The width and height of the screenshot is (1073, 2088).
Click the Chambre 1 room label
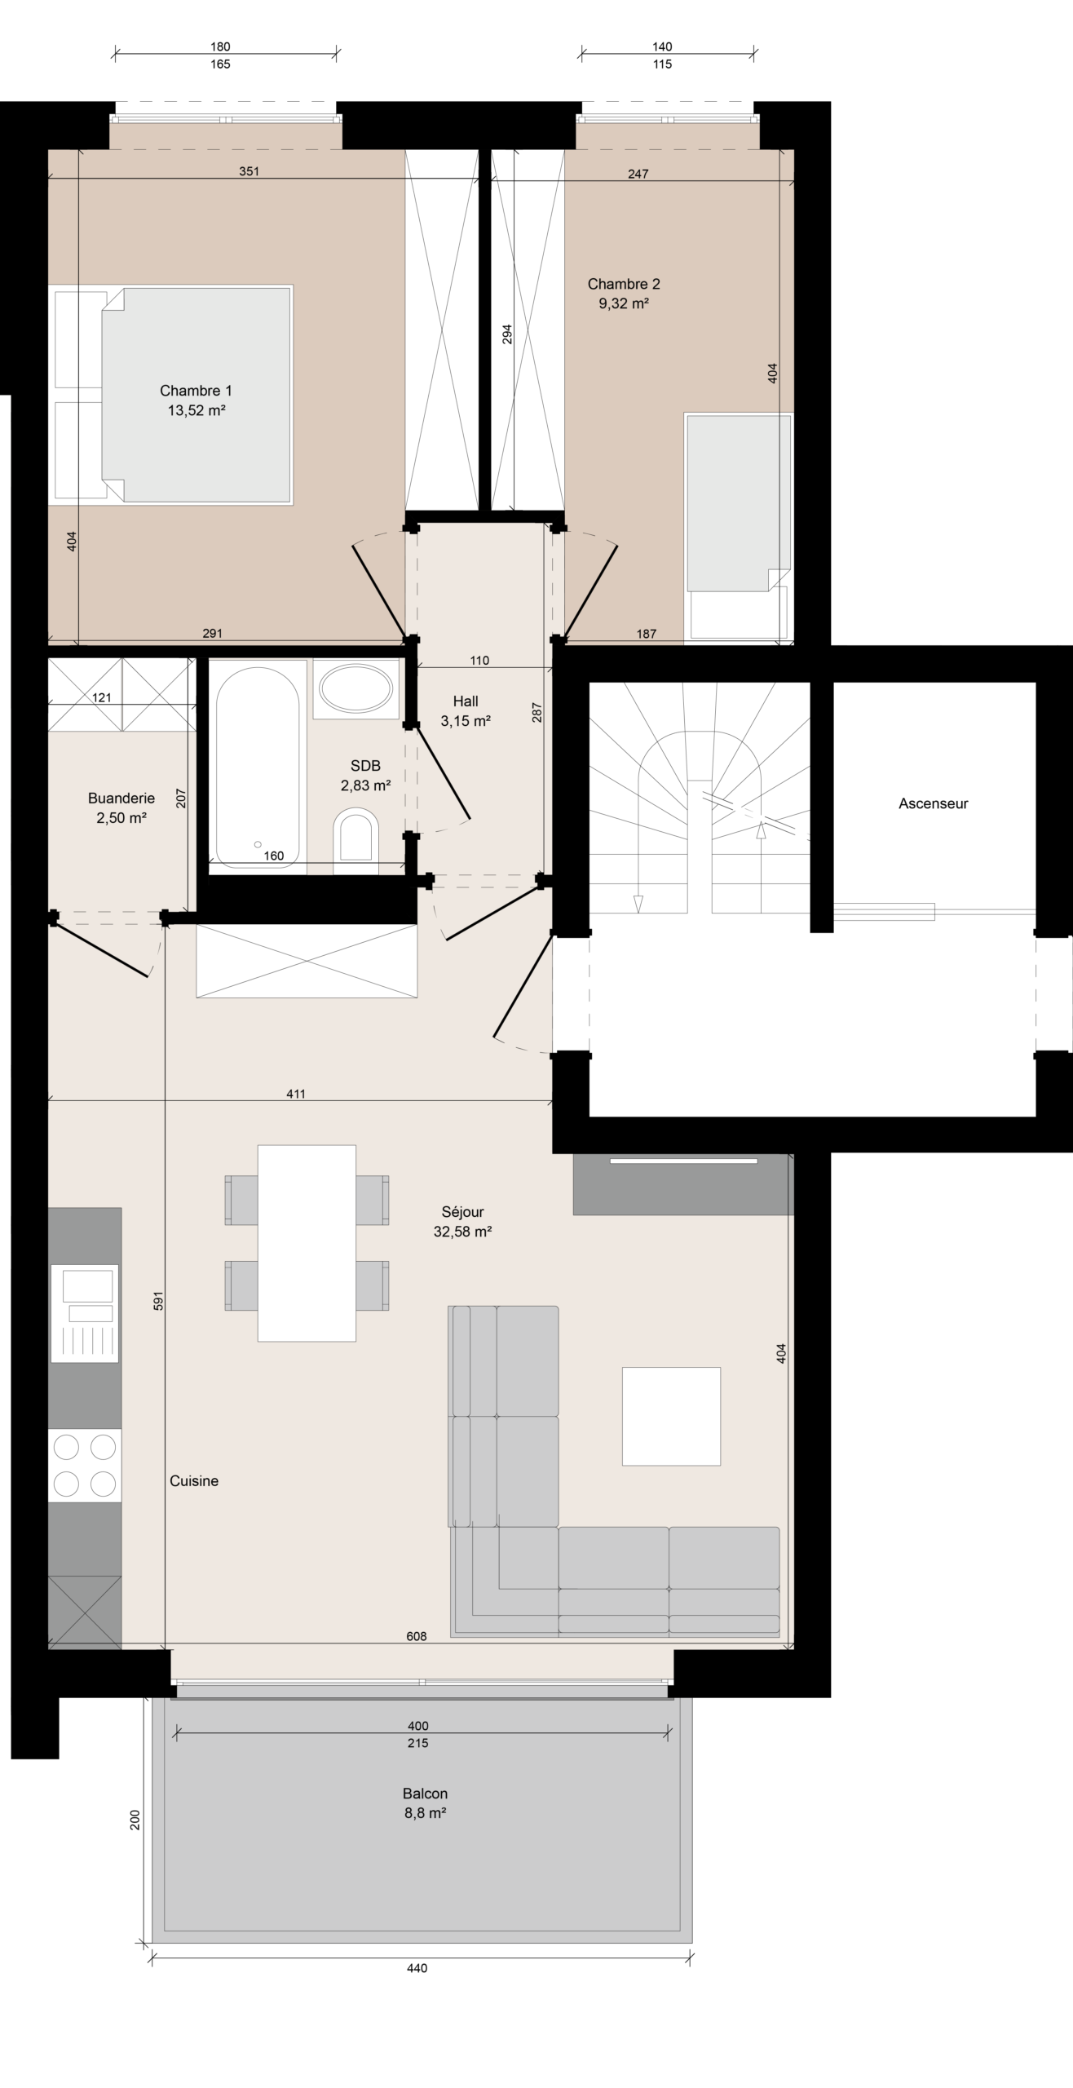tap(196, 391)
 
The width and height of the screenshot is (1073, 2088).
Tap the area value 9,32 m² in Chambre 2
tap(624, 303)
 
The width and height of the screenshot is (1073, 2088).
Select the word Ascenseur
tap(933, 803)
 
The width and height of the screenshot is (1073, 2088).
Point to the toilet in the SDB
tap(356, 836)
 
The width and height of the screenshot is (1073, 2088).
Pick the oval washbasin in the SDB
tap(356, 689)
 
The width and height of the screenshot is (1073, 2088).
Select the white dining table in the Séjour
tap(307, 1243)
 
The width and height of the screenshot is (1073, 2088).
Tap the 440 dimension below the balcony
tap(417, 1984)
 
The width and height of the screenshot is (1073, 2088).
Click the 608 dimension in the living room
tap(417, 1652)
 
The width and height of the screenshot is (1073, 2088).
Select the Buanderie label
tap(121, 798)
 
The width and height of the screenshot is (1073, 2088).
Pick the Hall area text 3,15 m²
tap(466, 721)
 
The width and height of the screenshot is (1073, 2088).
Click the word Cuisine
tap(194, 1481)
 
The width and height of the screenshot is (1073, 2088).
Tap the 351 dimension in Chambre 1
tap(249, 171)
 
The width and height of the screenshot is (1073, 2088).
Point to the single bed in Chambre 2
tap(739, 527)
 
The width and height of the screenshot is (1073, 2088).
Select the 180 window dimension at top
tap(220, 47)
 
